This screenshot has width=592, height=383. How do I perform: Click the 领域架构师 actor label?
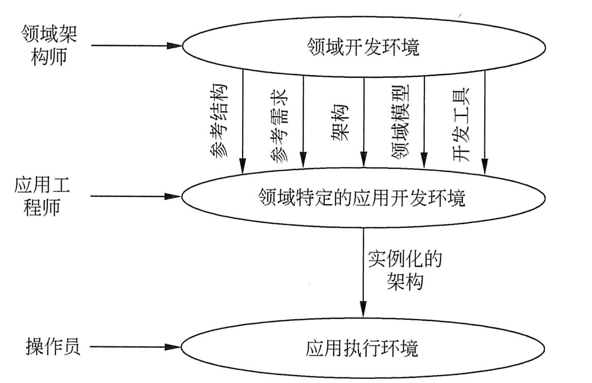(x=49, y=45)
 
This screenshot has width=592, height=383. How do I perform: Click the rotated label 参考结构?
(x=219, y=121)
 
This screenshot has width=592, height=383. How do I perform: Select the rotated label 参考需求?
(x=279, y=126)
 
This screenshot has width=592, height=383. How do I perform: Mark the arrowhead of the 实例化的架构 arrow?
(x=363, y=308)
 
